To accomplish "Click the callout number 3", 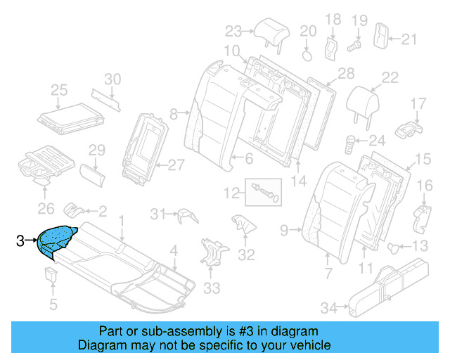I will point(20,241).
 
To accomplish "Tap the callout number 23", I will point(233,31).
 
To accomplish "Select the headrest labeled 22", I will point(365,101).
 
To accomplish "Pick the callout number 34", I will point(328,307).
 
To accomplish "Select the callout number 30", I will point(112,79).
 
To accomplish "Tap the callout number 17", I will point(418,104).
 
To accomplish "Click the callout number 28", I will point(345,74).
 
